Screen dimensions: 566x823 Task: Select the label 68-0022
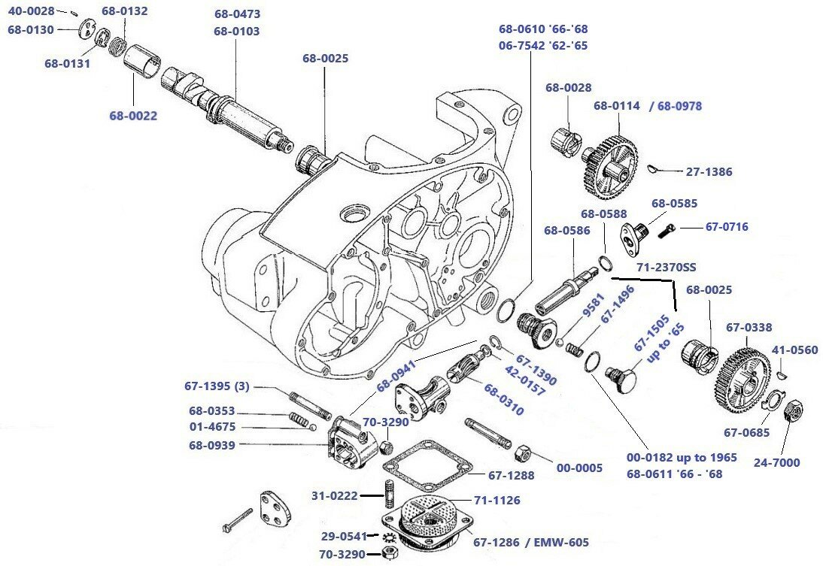[133, 116]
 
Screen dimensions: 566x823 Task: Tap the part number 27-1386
[709, 172]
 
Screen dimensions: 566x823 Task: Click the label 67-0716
[726, 227]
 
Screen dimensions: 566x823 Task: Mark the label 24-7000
[777, 463]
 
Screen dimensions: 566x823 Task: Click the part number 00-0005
[579, 468]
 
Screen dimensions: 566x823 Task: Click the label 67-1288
[511, 475]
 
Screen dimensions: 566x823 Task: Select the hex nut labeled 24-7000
[792, 411]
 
